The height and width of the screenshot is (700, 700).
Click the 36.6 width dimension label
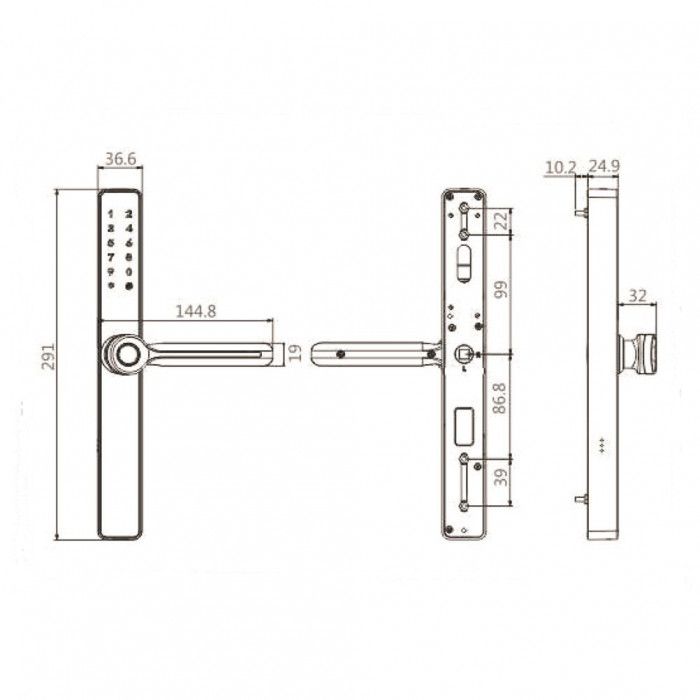point(120,158)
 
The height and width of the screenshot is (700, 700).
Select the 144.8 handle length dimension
point(196,310)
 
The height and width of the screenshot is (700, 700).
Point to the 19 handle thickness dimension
point(293,351)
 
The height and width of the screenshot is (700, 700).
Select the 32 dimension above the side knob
point(637,296)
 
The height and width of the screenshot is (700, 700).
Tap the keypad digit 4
point(129,228)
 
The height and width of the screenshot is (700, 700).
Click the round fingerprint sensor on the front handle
point(126,352)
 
